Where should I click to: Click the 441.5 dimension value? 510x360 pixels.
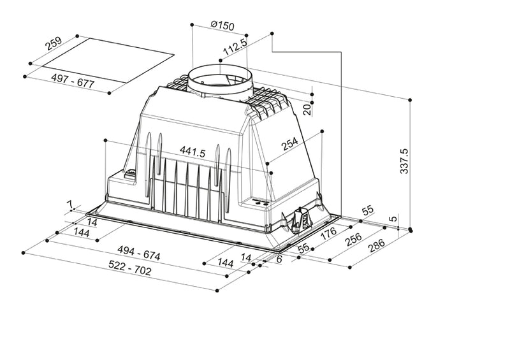192,152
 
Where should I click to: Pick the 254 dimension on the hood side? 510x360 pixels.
290,145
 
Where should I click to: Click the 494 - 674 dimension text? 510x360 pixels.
134,256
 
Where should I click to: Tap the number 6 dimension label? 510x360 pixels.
279,259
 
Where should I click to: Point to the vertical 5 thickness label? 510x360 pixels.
394,218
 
